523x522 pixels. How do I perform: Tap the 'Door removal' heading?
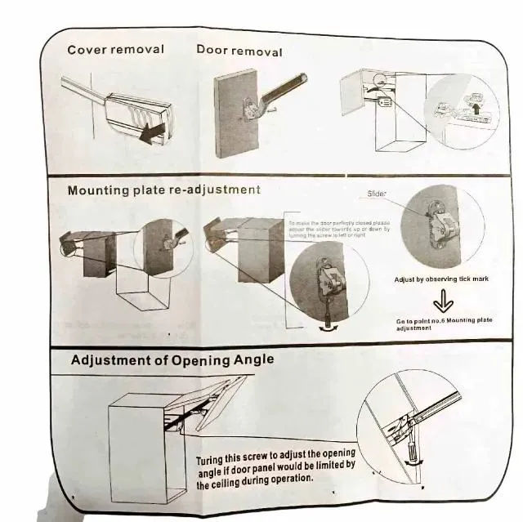tap(239, 51)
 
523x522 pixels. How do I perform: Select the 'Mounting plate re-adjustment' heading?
tap(163, 190)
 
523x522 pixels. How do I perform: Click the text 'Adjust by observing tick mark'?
tap(441, 279)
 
